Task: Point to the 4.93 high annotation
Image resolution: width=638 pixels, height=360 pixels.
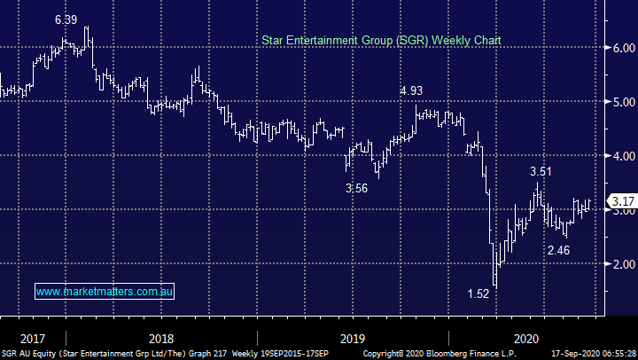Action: [411, 90]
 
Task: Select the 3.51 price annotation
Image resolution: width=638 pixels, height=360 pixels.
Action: [541, 171]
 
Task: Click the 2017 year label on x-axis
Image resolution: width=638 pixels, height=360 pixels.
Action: [33, 339]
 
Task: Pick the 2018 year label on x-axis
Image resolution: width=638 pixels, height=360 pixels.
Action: [160, 339]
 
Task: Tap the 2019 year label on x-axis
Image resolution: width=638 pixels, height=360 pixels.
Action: [352, 339]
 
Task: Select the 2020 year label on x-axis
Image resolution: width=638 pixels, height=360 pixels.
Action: [526, 339]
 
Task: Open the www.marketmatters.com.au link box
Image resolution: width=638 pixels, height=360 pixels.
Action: [105, 291]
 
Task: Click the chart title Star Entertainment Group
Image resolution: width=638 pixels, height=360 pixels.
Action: [380, 41]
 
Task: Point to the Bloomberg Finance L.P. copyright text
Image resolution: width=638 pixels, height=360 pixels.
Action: [442, 354]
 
